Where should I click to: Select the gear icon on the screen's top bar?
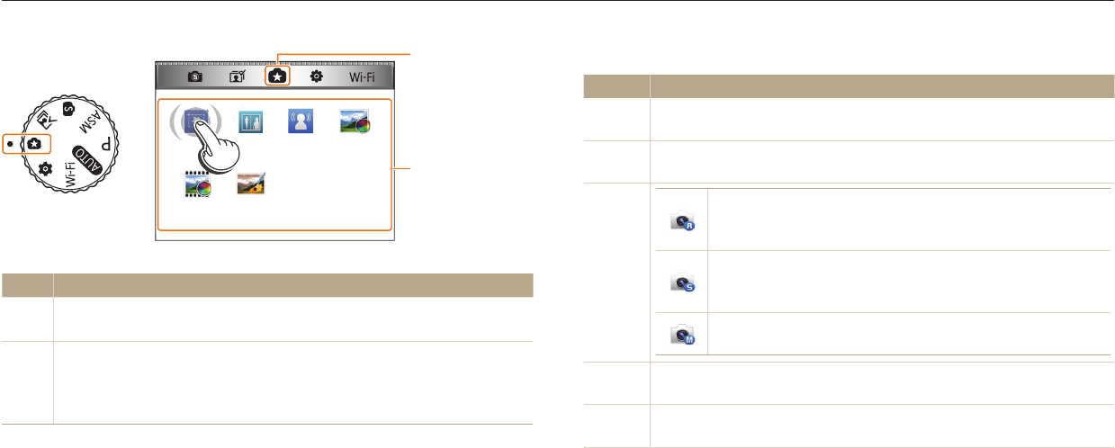tap(317, 77)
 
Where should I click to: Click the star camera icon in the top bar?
tap(277, 77)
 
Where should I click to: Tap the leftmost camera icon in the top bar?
tap(195, 77)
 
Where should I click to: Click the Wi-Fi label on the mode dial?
tap(70, 170)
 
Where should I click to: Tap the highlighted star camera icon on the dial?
tap(33, 143)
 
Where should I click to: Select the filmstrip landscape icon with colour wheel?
tap(197, 184)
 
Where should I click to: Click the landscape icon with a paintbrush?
tap(249, 184)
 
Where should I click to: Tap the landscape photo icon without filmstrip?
tap(352, 121)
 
